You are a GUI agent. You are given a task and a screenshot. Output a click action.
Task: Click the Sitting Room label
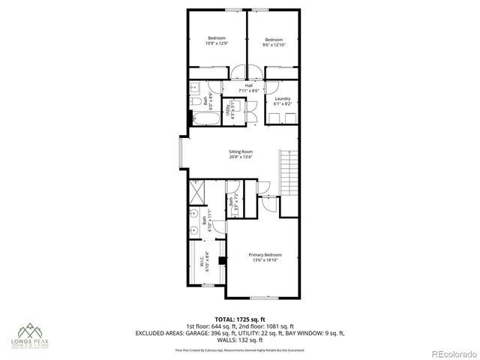(240, 152)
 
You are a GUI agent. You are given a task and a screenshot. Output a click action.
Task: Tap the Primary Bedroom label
(265, 255)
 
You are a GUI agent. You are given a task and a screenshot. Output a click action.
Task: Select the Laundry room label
(282, 99)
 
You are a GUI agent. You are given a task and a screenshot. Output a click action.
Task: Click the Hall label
(249, 85)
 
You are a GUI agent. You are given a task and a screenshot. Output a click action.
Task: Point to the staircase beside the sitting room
(286, 171)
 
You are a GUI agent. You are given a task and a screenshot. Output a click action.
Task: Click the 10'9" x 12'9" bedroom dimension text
(216, 44)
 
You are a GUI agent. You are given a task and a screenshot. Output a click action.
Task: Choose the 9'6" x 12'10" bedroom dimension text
(273, 44)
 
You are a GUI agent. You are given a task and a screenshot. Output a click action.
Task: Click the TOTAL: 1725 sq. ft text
(240, 319)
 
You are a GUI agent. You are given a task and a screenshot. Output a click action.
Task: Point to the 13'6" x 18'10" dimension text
(265, 260)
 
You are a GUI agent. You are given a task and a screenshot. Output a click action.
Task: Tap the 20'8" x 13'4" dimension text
(240, 157)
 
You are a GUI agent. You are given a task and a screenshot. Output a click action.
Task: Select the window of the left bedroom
(215, 10)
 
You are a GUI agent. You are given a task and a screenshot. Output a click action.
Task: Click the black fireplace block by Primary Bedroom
(223, 262)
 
